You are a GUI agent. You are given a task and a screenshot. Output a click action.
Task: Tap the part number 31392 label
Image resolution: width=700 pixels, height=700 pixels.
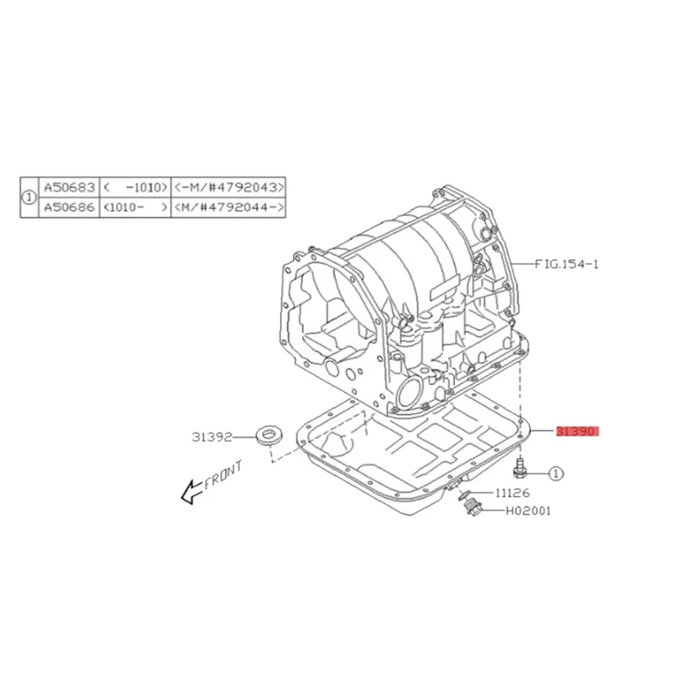[211, 435]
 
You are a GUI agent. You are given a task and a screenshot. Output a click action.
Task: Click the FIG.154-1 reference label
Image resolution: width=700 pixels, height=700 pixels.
[568, 262]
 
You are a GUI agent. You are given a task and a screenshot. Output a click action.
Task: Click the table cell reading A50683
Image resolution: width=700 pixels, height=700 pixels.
[68, 187]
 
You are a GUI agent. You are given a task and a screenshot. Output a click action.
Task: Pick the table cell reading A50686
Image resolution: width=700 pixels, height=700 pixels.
[68, 206]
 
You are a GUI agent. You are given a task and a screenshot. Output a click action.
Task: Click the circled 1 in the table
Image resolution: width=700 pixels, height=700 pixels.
[29, 197]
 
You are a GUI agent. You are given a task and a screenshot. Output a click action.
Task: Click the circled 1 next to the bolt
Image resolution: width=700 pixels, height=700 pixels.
[555, 473]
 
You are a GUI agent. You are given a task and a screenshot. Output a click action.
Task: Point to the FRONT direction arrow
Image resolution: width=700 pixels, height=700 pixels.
[188, 494]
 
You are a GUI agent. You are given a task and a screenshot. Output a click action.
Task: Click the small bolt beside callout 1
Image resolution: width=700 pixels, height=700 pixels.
[521, 468]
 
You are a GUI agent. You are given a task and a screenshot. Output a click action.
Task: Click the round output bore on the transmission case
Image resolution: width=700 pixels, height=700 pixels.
[408, 393]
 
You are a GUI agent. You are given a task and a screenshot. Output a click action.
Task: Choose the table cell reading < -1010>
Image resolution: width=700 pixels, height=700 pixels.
[134, 187]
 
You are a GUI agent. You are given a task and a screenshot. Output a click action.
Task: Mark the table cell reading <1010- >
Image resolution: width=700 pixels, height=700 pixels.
[134, 206]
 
